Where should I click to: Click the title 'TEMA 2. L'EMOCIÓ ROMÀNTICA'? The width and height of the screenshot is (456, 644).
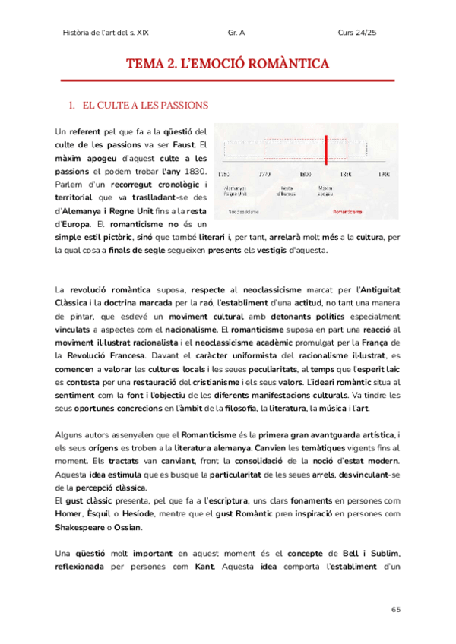pyautogui.click(x=227, y=63)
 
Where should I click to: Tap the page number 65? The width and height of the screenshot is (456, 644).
pyautogui.click(x=395, y=610)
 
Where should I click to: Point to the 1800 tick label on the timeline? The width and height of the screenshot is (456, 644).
pyautogui.click(x=306, y=174)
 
